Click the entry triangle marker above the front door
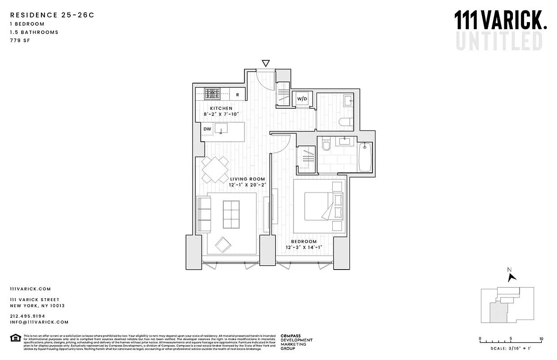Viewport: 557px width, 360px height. [x=266, y=63]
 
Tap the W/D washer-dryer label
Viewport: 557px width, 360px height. [x=301, y=99]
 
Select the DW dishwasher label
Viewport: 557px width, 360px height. [x=207, y=129]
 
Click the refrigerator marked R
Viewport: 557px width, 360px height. [x=237, y=95]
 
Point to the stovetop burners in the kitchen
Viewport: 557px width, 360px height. [x=212, y=94]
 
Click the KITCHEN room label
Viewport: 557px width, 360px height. [x=221, y=108]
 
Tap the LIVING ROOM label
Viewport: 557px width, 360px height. [x=248, y=179]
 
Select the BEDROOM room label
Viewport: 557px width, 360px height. [x=303, y=241]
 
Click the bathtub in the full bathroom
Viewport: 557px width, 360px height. [x=365, y=157]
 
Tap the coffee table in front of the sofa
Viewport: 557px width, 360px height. [x=231, y=214]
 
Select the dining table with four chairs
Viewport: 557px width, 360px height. [x=215, y=169]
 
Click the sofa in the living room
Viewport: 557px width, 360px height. [x=204, y=214]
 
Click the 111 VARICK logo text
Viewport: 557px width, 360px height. [x=501, y=21]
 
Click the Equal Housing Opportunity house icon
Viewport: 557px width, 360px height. [x=15, y=337]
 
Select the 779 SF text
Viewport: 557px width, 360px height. [x=20, y=40]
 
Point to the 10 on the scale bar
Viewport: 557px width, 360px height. [x=541, y=339]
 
